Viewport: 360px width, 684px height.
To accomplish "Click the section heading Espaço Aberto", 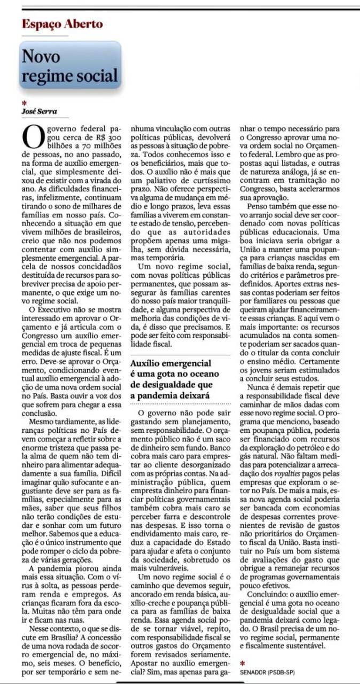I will (62, 24).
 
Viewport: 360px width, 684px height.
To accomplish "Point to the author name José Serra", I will (39, 111).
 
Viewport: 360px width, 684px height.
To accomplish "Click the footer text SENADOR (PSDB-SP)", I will (268, 672).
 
